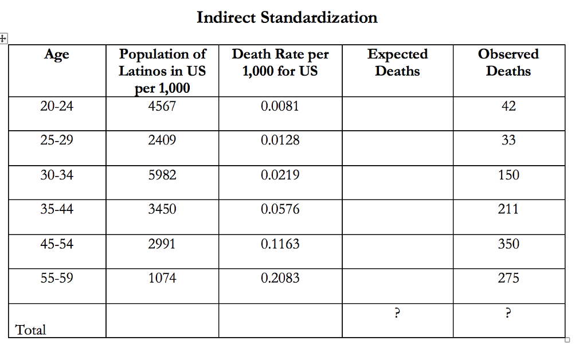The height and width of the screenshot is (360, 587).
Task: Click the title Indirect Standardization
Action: (x=287, y=18)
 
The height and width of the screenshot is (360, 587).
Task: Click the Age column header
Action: (x=57, y=54)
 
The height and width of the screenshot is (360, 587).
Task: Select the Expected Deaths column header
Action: (x=397, y=62)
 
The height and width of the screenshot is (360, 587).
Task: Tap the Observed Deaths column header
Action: (x=508, y=62)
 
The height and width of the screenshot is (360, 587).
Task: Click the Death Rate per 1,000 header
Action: (x=280, y=62)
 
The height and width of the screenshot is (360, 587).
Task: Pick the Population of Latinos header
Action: (x=162, y=71)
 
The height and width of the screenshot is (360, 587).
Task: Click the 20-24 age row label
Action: (x=57, y=106)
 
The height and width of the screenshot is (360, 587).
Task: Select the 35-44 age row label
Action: (x=57, y=209)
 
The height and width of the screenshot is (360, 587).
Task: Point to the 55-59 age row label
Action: (x=57, y=278)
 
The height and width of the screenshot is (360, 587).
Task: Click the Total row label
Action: (x=31, y=330)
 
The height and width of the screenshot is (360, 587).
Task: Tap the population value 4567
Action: (x=162, y=106)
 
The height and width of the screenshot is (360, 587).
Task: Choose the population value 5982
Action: (x=162, y=175)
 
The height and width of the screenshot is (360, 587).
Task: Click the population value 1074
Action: (x=162, y=278)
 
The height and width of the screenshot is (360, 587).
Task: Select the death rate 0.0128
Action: (x=280, y=140)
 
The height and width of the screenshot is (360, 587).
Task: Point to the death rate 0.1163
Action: (x=280, y=244)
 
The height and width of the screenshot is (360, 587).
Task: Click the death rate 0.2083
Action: (x=280, y=278)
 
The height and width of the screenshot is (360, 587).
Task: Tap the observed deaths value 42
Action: (x=508, y=106)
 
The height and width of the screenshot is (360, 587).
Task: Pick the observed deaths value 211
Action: (x=508, y=209)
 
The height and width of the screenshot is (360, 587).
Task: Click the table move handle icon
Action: (x=3, y=39)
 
